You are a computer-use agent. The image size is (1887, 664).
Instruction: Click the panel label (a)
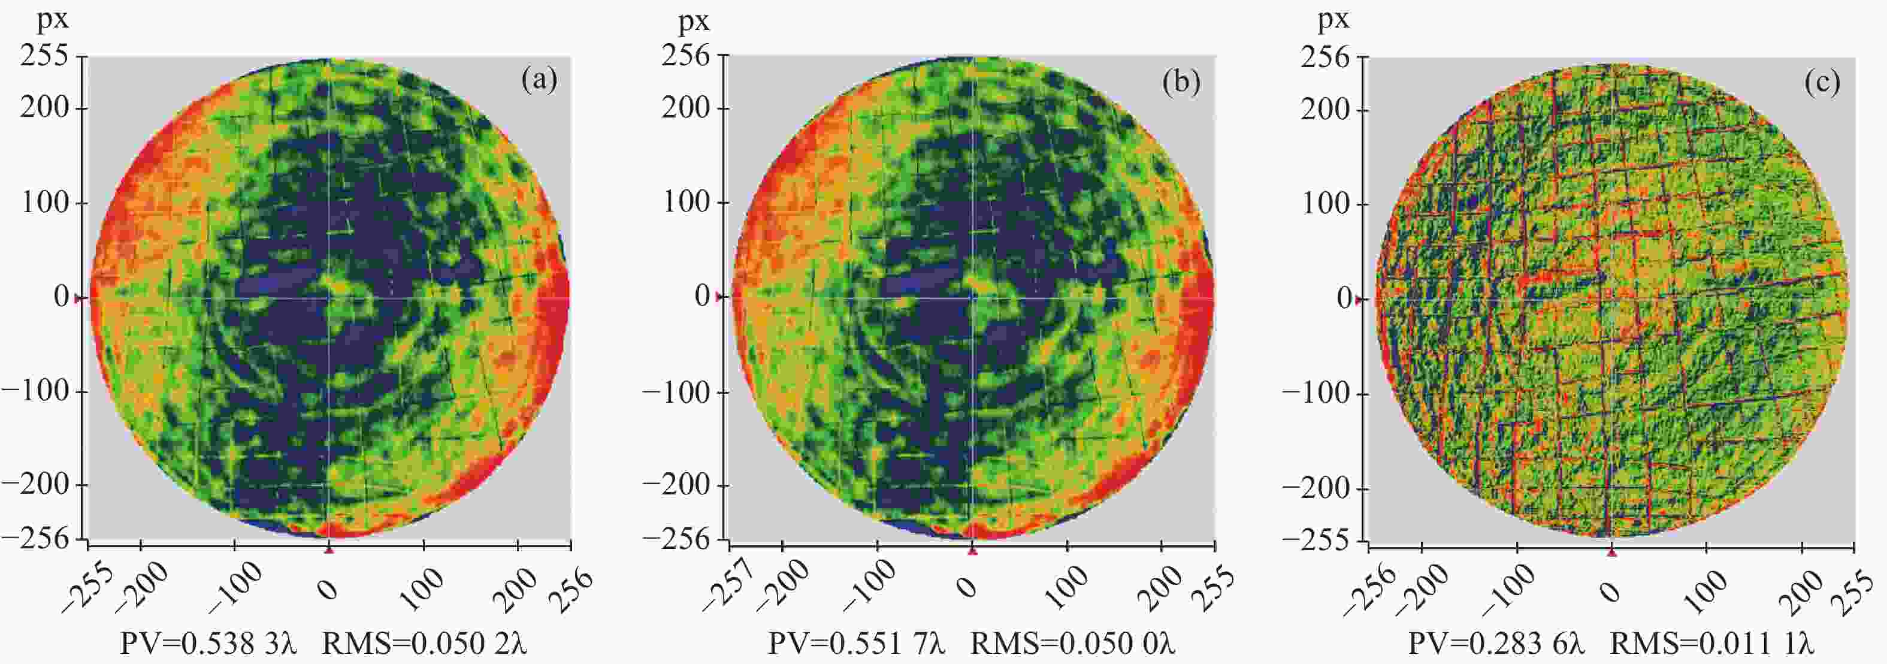[x=539, y=80]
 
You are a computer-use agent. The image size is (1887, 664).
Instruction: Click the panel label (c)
[x=1822, y=83]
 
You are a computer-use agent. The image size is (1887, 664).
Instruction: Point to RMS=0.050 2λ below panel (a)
[x=424, y=644]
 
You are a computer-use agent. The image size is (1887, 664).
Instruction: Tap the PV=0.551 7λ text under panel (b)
[x=855, y=644]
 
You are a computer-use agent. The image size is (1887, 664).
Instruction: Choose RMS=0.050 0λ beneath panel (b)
[x=1072, y=644]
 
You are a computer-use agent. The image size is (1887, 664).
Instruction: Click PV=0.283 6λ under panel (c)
[x=1496, y=644]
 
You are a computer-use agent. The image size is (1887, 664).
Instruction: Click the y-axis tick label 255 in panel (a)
[x=44, y=56]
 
